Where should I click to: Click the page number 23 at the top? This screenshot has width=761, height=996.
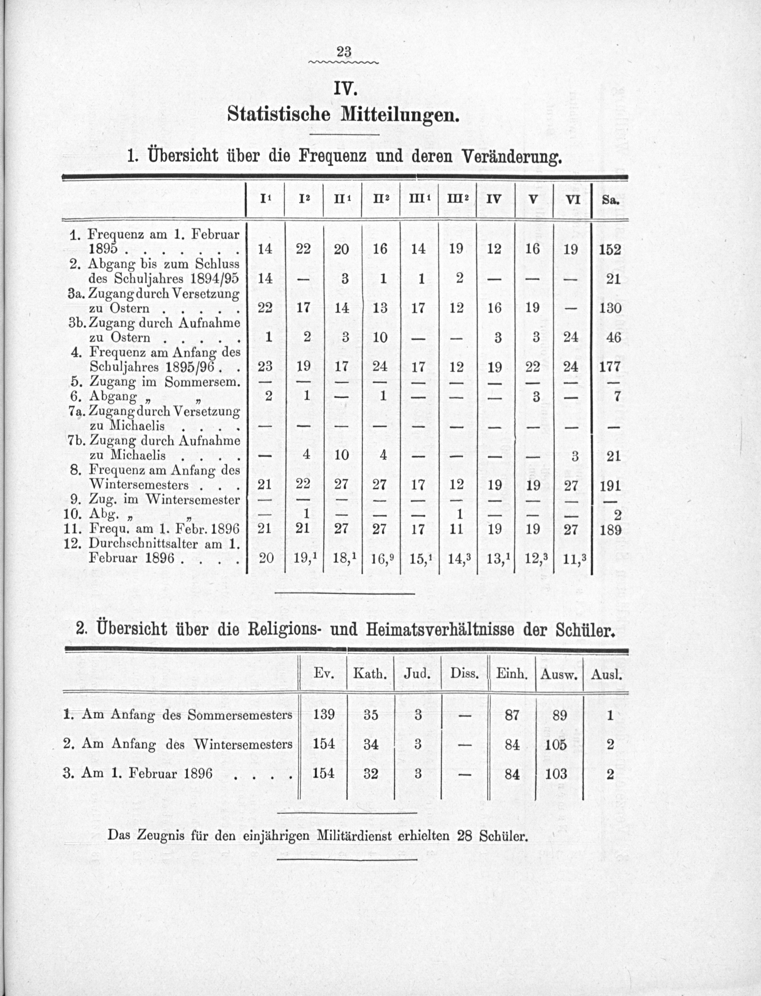click(344, 52)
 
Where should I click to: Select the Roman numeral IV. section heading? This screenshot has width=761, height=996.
click(345, 89)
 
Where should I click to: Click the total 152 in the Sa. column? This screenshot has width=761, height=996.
click(610, 250)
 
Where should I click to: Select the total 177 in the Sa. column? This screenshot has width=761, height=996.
click(610, 367)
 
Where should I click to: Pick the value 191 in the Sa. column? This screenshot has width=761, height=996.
click(610, 485)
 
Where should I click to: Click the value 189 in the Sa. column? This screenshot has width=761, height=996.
click(610, 530)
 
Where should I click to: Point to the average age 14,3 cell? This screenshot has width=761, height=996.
click(457, 558)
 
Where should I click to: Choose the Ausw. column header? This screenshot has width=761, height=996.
click(559, 674)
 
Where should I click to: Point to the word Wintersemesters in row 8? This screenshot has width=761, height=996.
click(139, 485)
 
